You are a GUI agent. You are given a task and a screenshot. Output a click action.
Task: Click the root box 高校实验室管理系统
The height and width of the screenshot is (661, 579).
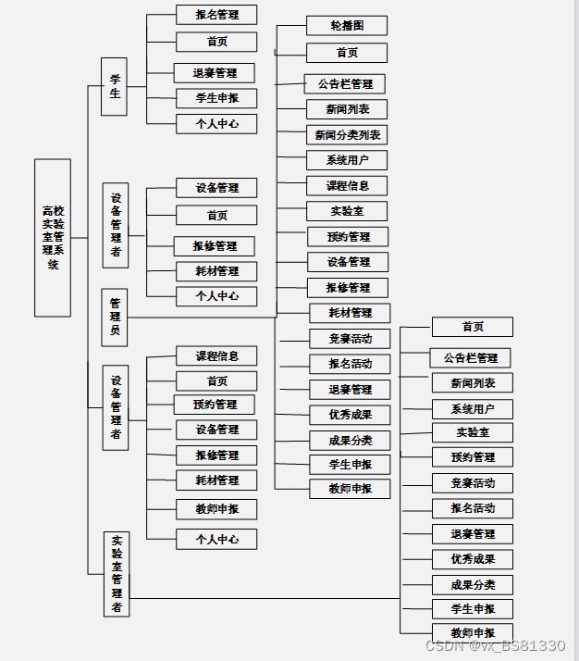53,238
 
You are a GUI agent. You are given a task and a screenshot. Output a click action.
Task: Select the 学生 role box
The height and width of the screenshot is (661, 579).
114,86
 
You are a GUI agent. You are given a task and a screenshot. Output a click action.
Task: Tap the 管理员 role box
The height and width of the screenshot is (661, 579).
115,317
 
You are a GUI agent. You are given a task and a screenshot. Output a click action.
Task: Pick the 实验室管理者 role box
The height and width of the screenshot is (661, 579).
117,573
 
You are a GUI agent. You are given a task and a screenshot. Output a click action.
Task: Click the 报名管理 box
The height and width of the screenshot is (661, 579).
216,15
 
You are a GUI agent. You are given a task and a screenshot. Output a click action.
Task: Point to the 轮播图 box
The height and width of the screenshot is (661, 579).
347,25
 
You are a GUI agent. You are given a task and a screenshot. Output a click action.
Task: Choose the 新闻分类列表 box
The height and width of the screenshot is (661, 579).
347,135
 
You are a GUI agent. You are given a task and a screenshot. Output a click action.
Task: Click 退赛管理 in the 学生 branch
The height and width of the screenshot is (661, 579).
215,73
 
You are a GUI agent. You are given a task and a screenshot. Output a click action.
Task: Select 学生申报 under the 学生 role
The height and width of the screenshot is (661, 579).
216,98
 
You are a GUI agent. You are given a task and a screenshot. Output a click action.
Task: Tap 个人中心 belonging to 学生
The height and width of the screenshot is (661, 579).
216,123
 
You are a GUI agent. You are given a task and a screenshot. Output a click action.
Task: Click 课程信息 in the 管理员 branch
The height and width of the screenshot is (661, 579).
347,186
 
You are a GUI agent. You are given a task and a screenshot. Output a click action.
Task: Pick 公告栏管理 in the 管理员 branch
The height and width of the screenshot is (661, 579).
344,84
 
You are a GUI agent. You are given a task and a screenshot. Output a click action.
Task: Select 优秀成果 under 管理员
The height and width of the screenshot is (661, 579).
350,415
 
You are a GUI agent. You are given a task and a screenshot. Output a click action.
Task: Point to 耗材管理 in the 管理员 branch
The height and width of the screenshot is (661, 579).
350,313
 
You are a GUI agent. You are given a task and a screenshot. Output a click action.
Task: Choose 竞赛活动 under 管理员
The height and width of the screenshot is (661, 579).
350,339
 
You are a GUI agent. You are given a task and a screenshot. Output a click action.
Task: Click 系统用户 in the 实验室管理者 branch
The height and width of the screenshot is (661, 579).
472,409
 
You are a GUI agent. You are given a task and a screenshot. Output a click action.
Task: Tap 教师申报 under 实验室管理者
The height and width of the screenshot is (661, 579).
472,633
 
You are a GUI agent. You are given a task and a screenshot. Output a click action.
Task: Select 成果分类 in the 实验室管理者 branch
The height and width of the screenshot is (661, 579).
472,584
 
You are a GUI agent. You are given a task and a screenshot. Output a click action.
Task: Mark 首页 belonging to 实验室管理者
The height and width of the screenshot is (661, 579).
472,327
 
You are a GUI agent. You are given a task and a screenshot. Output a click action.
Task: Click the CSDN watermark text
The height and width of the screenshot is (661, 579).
495,645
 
